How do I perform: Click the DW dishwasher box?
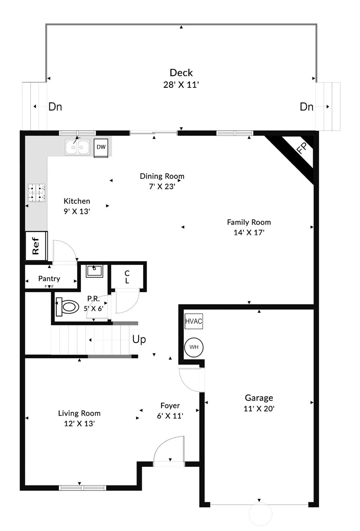101,148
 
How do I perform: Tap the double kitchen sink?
77,147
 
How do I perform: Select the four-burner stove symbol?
36,193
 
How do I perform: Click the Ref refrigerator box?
36,246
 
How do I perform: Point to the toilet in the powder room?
67,307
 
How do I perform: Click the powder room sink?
94,271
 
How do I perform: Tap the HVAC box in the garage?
194,321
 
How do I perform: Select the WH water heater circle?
194,347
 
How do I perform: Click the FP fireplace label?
302,148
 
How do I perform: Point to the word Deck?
181,73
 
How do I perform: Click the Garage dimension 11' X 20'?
259,408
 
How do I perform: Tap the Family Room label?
249,222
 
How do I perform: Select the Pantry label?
49,279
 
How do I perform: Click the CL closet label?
127,277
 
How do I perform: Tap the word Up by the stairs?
139,339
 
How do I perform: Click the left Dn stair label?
55,107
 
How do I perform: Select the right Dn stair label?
307,107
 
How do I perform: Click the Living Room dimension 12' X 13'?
79,423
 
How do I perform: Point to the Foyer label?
170,406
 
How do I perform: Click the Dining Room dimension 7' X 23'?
162,186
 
